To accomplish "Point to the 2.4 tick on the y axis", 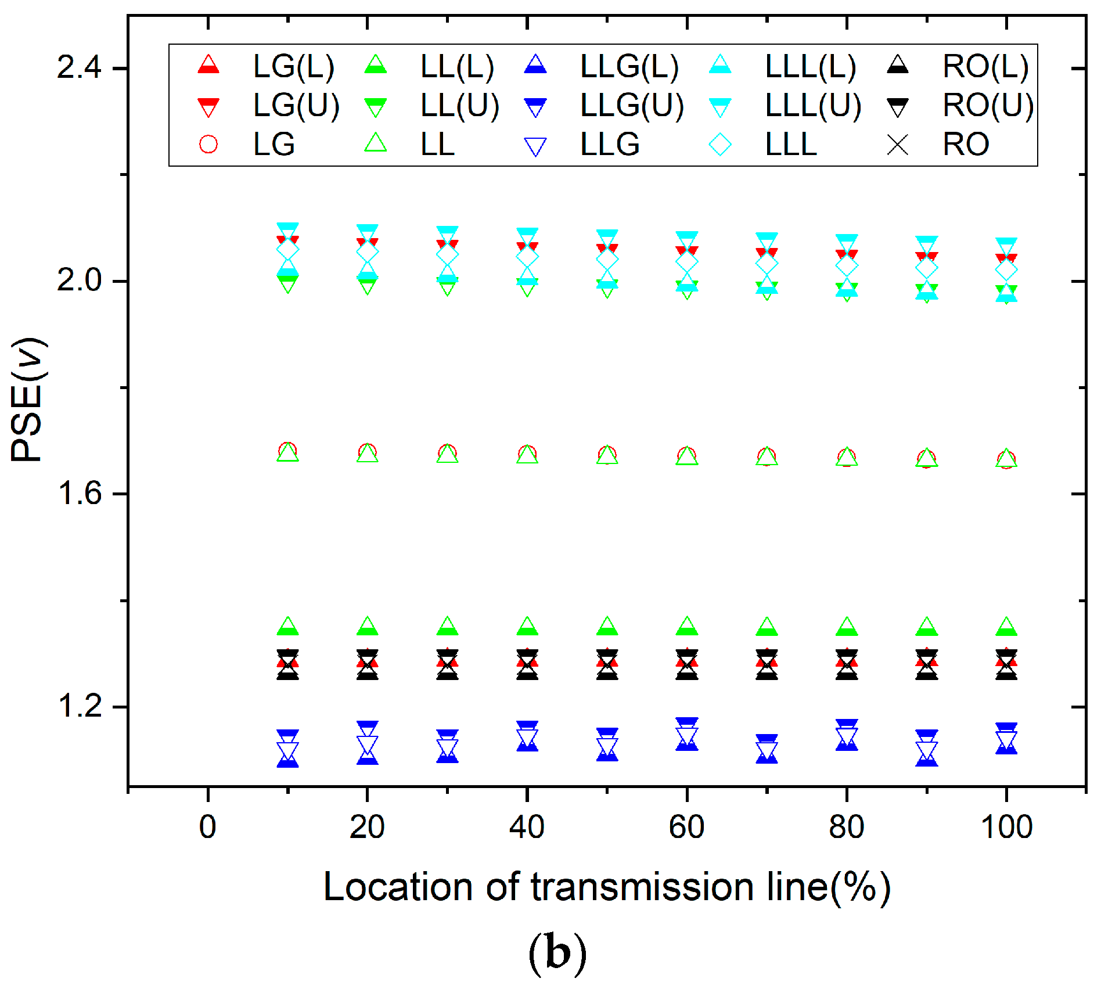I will point(79,68).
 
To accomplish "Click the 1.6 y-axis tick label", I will point(79,494).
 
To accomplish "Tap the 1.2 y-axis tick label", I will point(79,707).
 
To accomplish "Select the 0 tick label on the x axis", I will point(208,827).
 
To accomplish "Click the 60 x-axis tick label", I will point(687,827).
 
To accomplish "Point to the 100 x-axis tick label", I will point(1006,827).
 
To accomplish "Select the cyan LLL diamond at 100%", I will point(1006,269).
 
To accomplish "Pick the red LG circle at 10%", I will point(287,451).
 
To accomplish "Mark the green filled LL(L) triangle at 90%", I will point(927,627).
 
